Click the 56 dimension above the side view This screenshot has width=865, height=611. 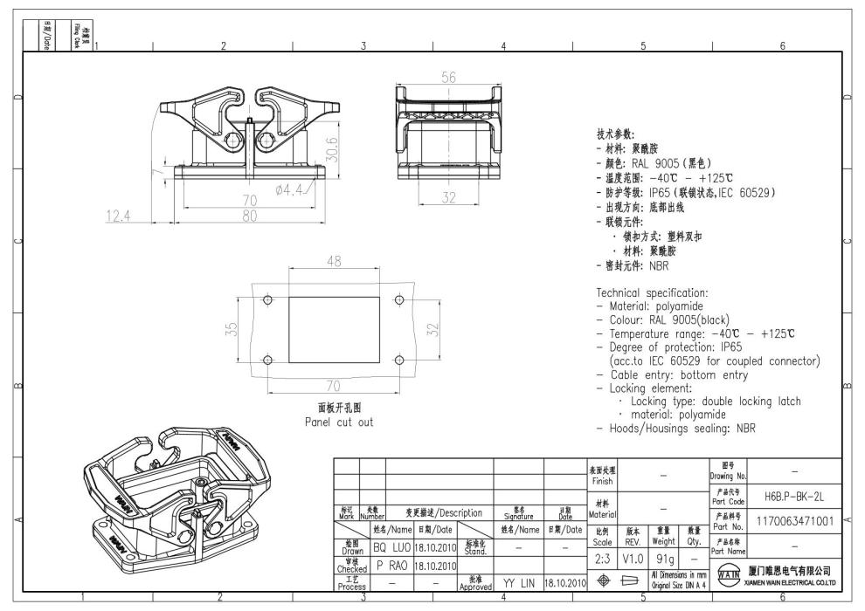click(448, 78)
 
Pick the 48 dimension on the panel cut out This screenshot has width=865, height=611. click(334, 261)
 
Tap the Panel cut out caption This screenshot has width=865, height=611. click(338, 422)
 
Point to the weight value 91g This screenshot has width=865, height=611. click(663, 557)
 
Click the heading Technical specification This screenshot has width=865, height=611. click(652, 292)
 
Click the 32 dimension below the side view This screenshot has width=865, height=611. click(448, 198)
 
